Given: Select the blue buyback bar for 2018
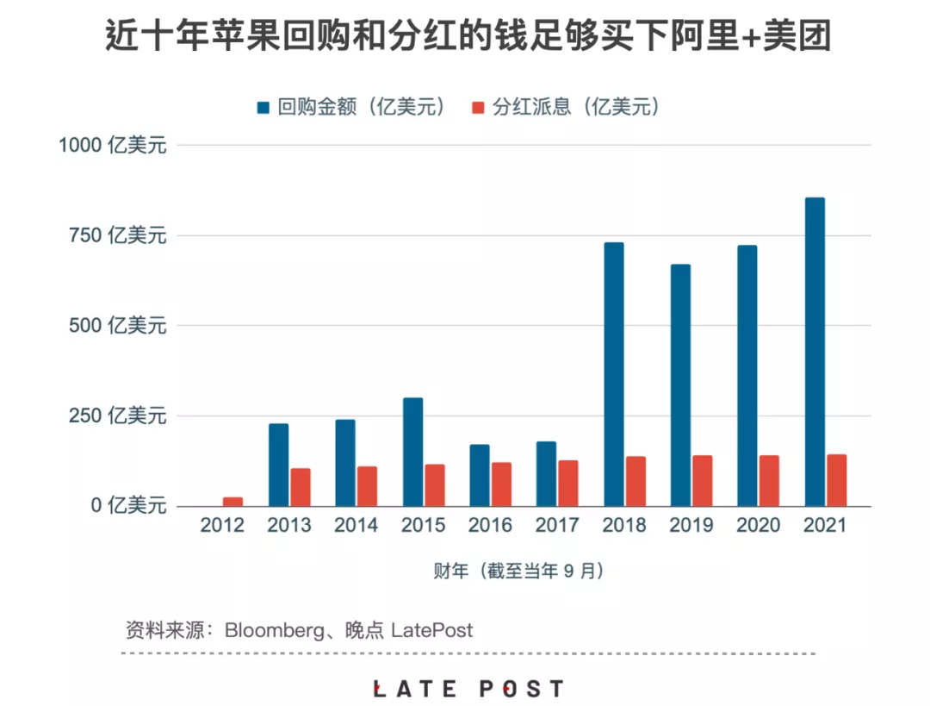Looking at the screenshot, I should [613, 374].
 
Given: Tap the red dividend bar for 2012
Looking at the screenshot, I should [232, 501].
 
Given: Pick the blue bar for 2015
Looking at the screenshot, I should [412, 452].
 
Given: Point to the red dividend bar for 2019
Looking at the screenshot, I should [703, 480].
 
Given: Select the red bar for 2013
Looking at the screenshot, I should [300, 487].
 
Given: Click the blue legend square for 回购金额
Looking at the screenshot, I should [263, 108].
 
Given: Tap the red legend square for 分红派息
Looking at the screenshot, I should [479, 108].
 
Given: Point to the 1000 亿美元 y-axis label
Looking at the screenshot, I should [112, 145].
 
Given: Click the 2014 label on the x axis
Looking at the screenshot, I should [356, 525].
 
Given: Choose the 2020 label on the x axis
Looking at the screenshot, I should [759, 525].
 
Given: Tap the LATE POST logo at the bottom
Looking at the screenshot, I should [468, 689].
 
